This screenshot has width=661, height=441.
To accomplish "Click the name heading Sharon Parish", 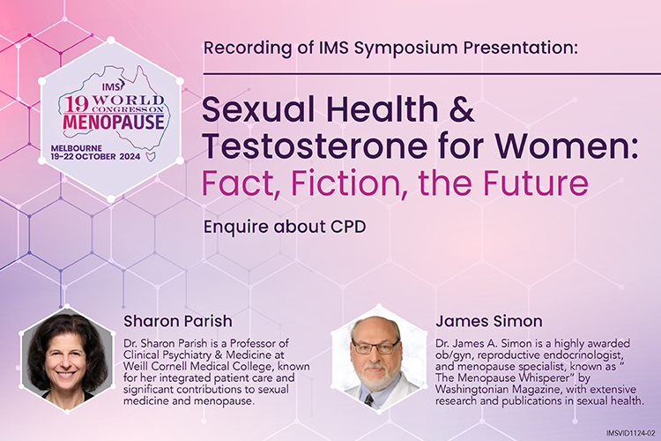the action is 177,321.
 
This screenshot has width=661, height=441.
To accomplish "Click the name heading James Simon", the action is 489,321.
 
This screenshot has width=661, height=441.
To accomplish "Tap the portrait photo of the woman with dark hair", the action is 67,358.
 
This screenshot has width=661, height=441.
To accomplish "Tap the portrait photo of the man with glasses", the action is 379,358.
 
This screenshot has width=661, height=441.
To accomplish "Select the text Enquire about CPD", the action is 285,227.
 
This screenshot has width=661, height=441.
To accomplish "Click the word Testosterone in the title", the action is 315,146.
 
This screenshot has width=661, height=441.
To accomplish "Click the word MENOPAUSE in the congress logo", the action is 114,122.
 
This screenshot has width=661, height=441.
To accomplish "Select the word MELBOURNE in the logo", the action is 77,148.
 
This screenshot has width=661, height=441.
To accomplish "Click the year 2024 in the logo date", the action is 130,156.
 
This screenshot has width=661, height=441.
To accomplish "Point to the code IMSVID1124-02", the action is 631,433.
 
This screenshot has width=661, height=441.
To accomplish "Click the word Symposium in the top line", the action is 405,49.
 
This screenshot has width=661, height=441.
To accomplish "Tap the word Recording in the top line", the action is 248,48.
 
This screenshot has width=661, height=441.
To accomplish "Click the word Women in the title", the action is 563,146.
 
